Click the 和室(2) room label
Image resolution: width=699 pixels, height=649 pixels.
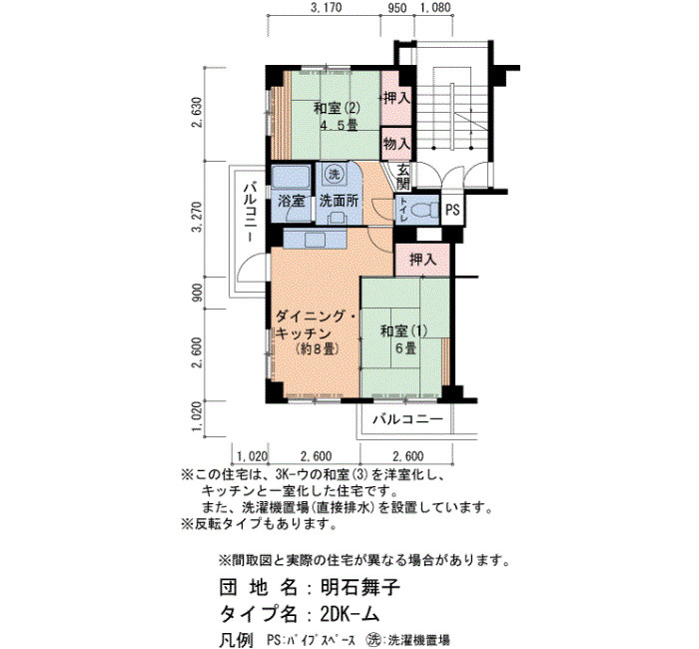coord(337,108)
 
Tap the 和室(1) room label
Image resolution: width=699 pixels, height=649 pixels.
coord(403,331)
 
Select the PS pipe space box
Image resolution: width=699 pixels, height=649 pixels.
coord(452,209)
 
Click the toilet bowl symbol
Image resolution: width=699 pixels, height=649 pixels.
coord(424,209)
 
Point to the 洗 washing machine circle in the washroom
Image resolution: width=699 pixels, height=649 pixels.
coord(334,175)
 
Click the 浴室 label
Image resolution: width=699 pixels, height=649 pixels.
coord(292,201)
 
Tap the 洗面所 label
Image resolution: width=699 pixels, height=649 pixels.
coord(339,201)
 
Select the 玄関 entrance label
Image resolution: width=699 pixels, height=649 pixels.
coord(403,176)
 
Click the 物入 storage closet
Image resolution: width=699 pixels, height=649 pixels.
coord(396,144)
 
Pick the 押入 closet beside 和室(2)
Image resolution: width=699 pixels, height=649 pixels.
coord(396,98)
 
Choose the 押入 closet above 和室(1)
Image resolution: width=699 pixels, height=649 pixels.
coord(422,259)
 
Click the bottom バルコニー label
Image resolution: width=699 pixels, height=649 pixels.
coord(407,419)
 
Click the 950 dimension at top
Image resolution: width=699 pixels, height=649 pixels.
coord(396,8)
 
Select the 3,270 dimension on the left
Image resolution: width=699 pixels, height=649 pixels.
coord(197,217)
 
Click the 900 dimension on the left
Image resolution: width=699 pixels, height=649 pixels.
coord(197,293)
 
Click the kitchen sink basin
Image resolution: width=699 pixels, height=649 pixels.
coord(317,240)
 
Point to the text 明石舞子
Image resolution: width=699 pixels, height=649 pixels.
coord(360,587)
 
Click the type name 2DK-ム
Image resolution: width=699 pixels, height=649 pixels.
coord(349,615)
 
